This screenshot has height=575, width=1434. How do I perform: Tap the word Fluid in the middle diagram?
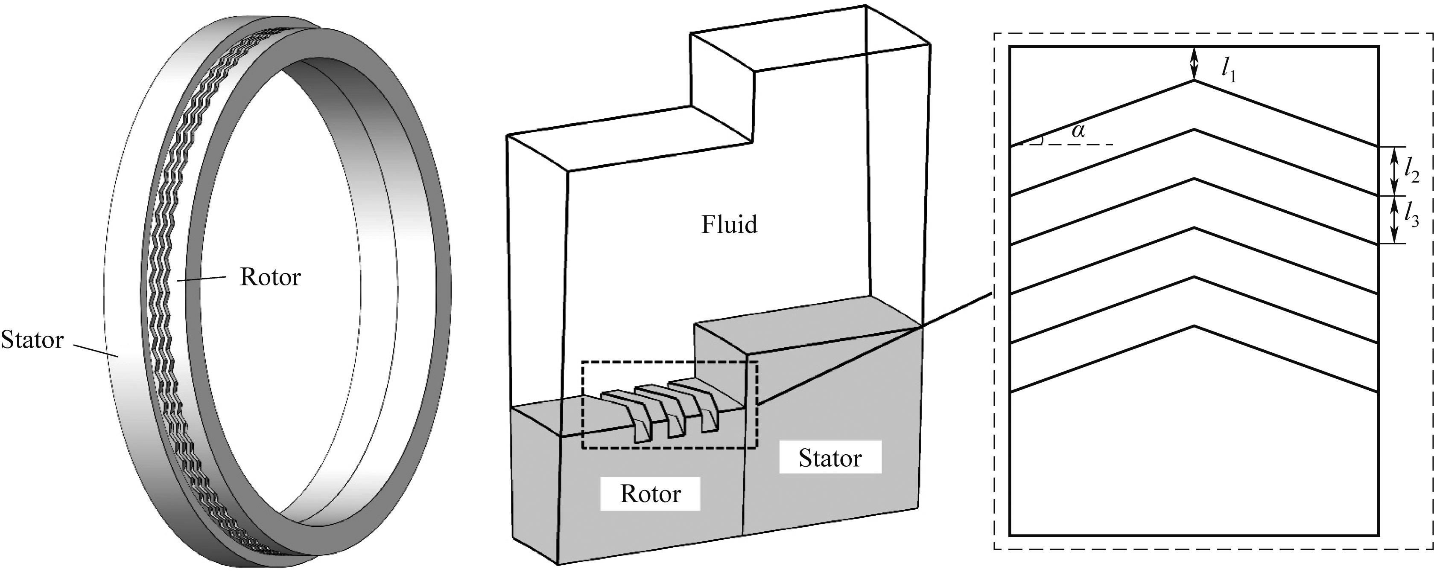(729, 225)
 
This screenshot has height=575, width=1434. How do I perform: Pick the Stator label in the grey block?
(829, 458)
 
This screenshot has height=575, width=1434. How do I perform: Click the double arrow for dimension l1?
(1193, 64)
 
